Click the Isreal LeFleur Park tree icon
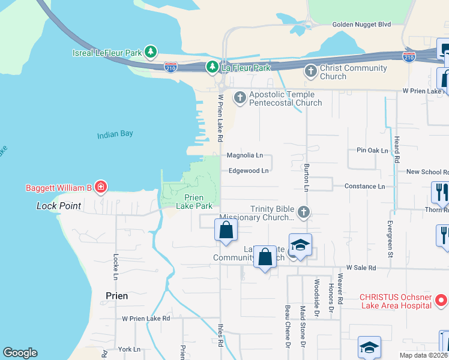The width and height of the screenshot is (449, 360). [151, 52]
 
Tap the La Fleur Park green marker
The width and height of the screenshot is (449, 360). [212, 68]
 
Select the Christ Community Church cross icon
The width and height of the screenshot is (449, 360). [311, 72]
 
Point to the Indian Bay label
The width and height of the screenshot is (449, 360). [115, 134]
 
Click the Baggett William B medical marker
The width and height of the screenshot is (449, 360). [101, 188]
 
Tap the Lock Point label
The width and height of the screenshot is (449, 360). [58, 206]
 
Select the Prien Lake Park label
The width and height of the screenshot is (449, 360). [194, 202]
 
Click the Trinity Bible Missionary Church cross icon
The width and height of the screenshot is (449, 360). [304, 212]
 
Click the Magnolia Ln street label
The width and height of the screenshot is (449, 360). [245, 155]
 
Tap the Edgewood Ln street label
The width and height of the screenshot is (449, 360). [248, 170]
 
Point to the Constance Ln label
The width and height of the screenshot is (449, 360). [364, 187]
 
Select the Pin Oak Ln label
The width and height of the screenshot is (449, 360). [372, 150]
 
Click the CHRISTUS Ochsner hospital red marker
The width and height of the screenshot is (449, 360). [441, 299]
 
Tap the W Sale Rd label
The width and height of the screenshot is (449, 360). [361, 268]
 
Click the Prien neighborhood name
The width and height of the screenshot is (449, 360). [116, 296]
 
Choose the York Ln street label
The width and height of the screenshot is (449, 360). [129, 349]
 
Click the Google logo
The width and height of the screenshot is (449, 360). [20, 353]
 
